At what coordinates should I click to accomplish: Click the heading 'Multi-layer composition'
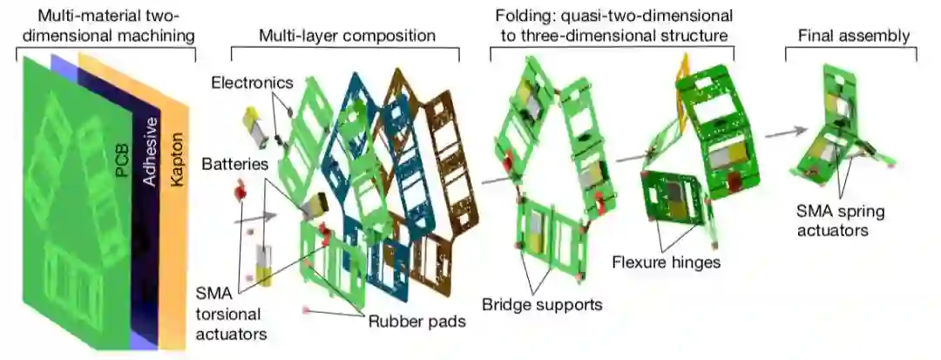pyautogui.click(x=347, y=36)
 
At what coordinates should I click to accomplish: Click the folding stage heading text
pyautogui.click(x=611, y=26)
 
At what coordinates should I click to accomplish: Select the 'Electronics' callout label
pyautogui.click(x=253, y=84)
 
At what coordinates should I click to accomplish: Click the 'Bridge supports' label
pyautogui.click(x=542, y=304)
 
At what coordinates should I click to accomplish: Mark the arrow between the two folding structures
pyautogui.click(x=631, y=157)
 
